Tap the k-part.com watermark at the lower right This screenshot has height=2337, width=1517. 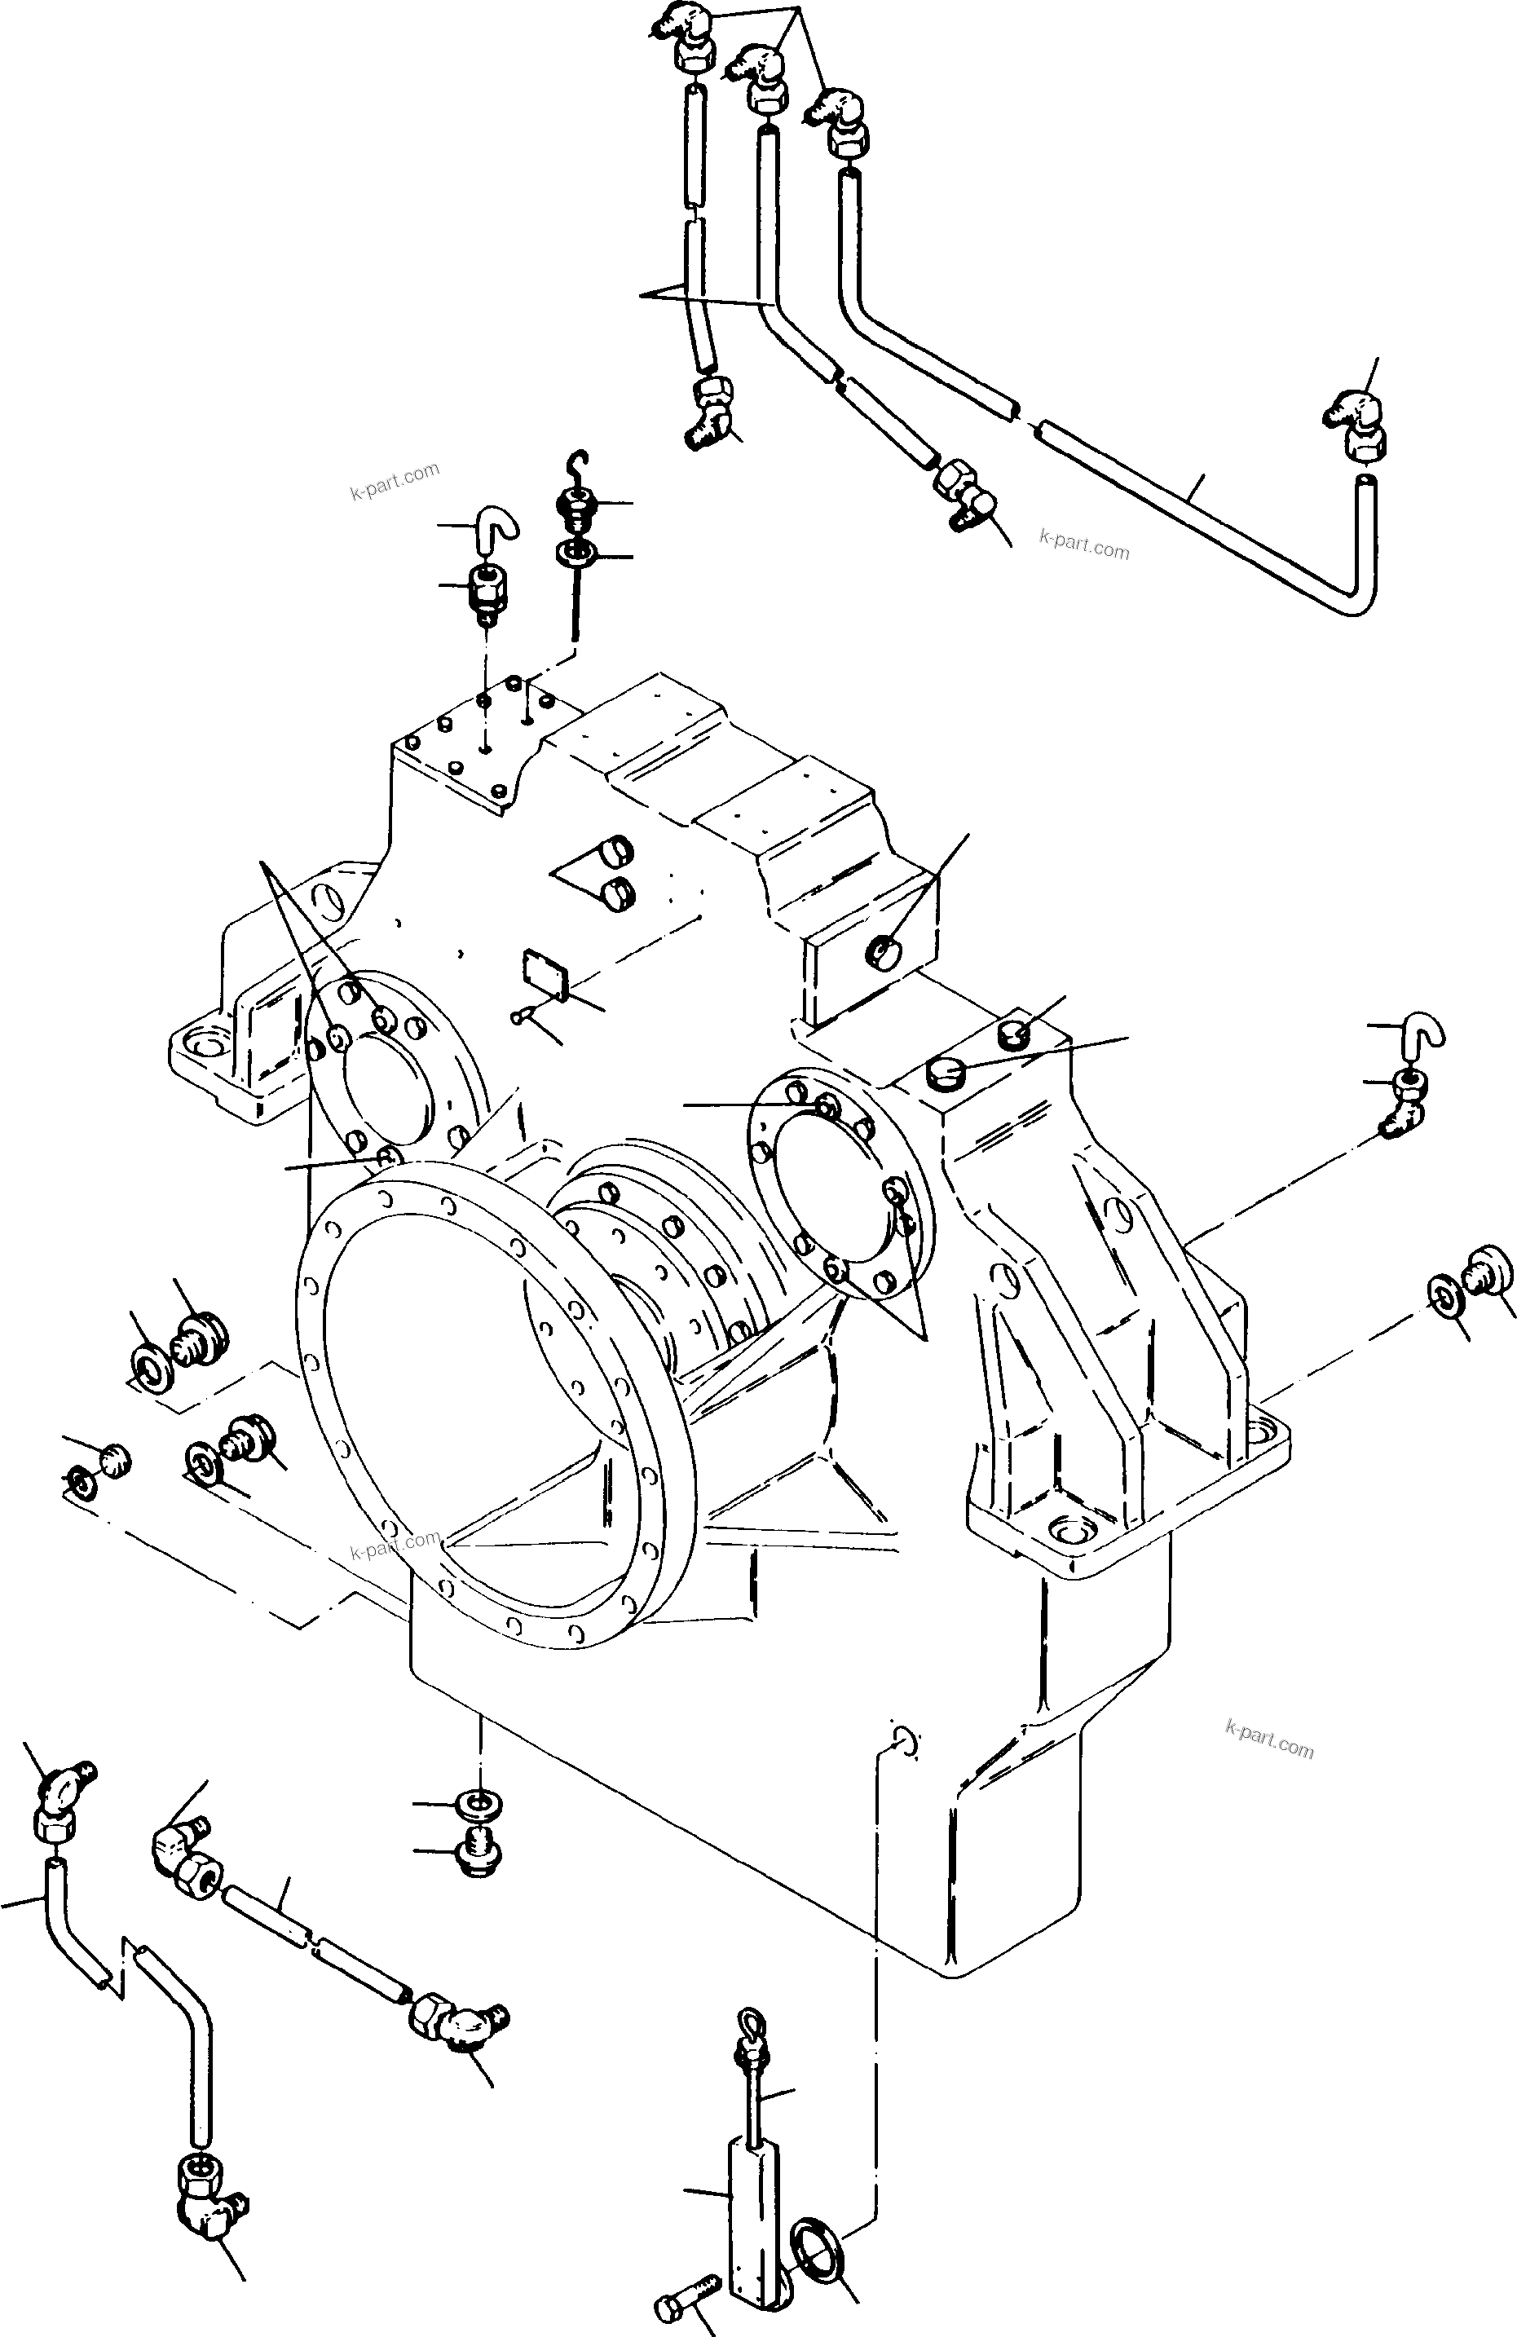point(1268,1738)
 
